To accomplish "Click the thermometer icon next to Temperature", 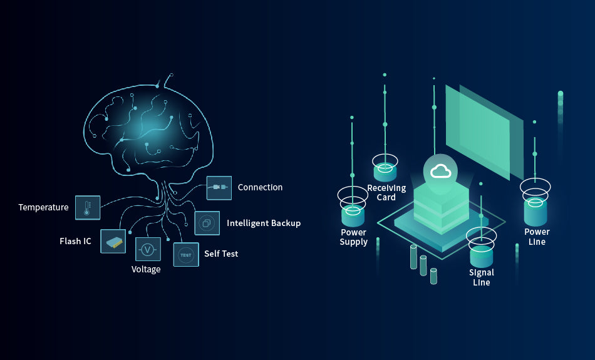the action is tap(88, 207).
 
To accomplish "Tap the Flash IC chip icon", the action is tap(113, 241).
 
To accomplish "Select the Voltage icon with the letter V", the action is tap(148, 249).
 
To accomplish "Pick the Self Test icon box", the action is tap(186, 255).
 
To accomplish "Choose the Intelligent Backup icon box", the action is tap(207, 223).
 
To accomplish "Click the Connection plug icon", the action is tap(219, 188).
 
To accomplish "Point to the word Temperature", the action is tap(44, 207).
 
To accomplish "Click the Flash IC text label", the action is tap(76, 241).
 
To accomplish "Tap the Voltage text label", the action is tap(146, 269).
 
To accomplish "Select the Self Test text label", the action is tap(221, 254).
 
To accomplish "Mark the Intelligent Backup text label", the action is tap(264, 223).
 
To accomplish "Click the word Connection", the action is tap(261, 187).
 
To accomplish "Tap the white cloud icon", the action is tap(440, 172).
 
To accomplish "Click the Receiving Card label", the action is tap(386, 193).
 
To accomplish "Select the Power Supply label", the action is tap(354, 237).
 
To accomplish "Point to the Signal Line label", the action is tap(482, 277).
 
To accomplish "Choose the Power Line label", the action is tap(537, 237).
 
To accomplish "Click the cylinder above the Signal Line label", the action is tap(482, 256).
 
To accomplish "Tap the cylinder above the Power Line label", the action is tap(535, 212).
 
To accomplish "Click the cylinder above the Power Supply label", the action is tap(353, 216).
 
